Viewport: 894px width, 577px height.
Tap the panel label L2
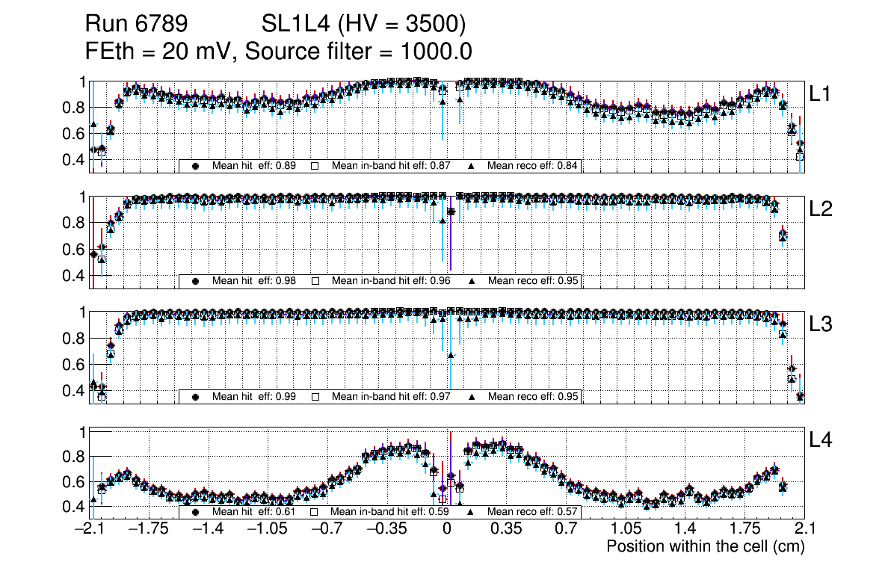pos(821,209)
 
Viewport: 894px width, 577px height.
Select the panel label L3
pos(821,324)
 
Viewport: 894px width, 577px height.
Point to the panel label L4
pos(821,440)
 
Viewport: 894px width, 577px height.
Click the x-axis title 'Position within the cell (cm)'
pos(705,546)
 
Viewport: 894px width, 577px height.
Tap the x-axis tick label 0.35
pos(506,529)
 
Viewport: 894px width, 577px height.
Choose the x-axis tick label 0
pos(447,529)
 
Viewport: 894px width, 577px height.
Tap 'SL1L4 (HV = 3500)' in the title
pos(364,25)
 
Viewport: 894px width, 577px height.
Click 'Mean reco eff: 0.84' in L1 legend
pos(533,166)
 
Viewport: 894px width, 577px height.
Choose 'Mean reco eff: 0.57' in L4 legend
pos(533,513)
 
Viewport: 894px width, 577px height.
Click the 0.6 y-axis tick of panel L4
pos(75,482)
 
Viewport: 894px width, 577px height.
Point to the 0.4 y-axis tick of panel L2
pos(75,276)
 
